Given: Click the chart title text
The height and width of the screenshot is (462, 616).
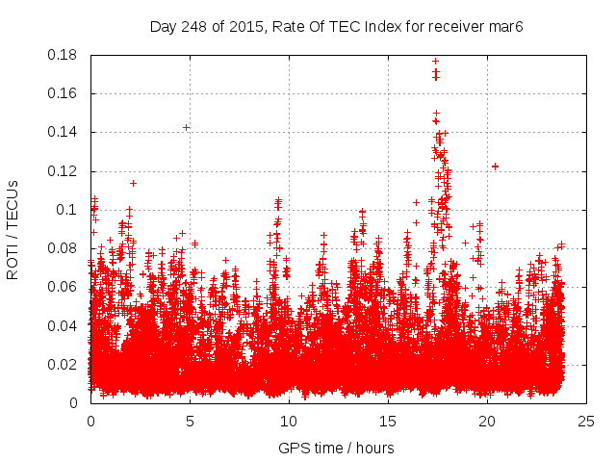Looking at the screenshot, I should (348, 25).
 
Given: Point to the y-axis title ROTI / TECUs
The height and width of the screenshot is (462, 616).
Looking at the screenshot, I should (13, 229).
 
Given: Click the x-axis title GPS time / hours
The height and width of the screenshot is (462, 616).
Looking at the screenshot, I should (336, 448).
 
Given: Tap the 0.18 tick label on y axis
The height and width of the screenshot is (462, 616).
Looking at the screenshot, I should (64, 55).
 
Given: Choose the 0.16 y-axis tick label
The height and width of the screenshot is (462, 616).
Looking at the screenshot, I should (64, 93).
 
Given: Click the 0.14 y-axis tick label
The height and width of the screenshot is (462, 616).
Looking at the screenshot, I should (64, 132).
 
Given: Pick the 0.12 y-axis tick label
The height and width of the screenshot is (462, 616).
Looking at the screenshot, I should (64, 171).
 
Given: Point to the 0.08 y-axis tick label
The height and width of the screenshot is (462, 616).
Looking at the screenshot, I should (64, 248).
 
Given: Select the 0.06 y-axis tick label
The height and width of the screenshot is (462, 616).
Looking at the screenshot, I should (64, 287).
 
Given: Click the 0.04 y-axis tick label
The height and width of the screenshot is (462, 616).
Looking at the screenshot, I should (64, 325).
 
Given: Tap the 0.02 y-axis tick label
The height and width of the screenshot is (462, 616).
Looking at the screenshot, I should (64, 364).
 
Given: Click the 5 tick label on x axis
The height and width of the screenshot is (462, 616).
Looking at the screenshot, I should (190, 421).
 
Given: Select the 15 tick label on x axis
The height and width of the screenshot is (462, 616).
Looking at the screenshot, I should (387, 421).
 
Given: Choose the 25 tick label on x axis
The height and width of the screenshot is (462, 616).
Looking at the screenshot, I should (585, 421).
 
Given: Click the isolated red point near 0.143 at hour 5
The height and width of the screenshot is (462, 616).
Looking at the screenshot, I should (186, 127).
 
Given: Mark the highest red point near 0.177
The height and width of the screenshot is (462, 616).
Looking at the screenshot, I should (435, 61).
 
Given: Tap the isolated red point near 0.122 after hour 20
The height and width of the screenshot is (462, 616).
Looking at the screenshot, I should (495, 167).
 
